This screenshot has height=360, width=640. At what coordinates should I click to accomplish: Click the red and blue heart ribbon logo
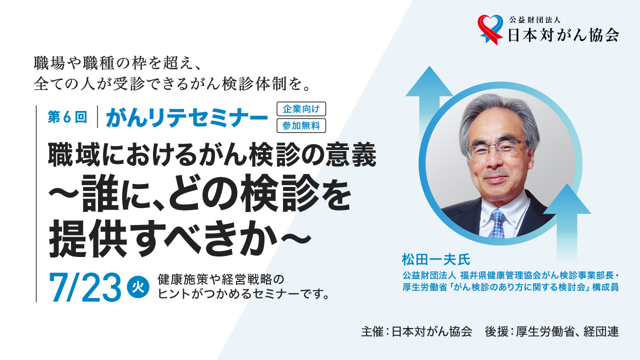pyautogui.click(x=490, y=29)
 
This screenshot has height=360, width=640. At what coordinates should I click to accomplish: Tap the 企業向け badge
pyautogui.click(x=301, y=109)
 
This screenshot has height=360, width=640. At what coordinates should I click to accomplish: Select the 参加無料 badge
pyautogui.click(x=301, y=125)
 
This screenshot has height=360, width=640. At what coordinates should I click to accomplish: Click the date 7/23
pyautogui.click(x=85, y=287)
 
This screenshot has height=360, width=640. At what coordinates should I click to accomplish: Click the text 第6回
pyautogui.click(x=67, y=117)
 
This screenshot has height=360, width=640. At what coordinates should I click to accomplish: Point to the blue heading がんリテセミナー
pyautogui.click(x=187, y=117)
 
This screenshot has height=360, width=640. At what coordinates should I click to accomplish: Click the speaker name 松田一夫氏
pyautogui.click(x=436, y=259)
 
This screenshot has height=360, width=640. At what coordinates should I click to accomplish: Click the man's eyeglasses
pyautogui.click(x=496, y=147)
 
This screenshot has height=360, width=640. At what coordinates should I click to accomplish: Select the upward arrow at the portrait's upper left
pyautogui.click(x=429, y=105)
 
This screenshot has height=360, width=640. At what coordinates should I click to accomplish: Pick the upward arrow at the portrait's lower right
pyautogui.click(x=567, y=222)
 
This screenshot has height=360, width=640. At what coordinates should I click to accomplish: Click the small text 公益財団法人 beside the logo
pyautogui.click(x=534, y=19)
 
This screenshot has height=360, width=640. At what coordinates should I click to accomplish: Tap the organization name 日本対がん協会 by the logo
pyautogui.click(x=563, y=35)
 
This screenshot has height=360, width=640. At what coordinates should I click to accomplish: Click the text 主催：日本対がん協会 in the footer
pyautogui.click(x=416, y=331)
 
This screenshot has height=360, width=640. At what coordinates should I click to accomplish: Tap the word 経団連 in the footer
pyautogui.click(x=601, y=331)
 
